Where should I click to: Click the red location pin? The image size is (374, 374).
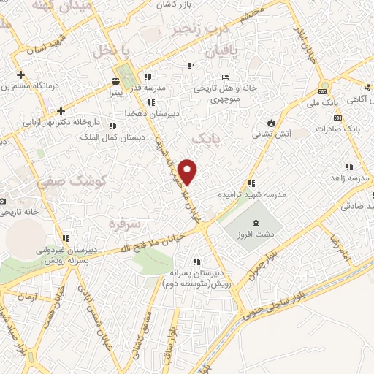coord(188,171)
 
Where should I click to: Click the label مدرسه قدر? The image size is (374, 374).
coord(161,88)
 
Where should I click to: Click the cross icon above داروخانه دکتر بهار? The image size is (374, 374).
coord(61,111)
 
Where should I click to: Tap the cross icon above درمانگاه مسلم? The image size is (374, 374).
coord(21,74)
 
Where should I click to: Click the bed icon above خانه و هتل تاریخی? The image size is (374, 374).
coord(226,77)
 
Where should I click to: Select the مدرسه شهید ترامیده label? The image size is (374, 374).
coord(254,196)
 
